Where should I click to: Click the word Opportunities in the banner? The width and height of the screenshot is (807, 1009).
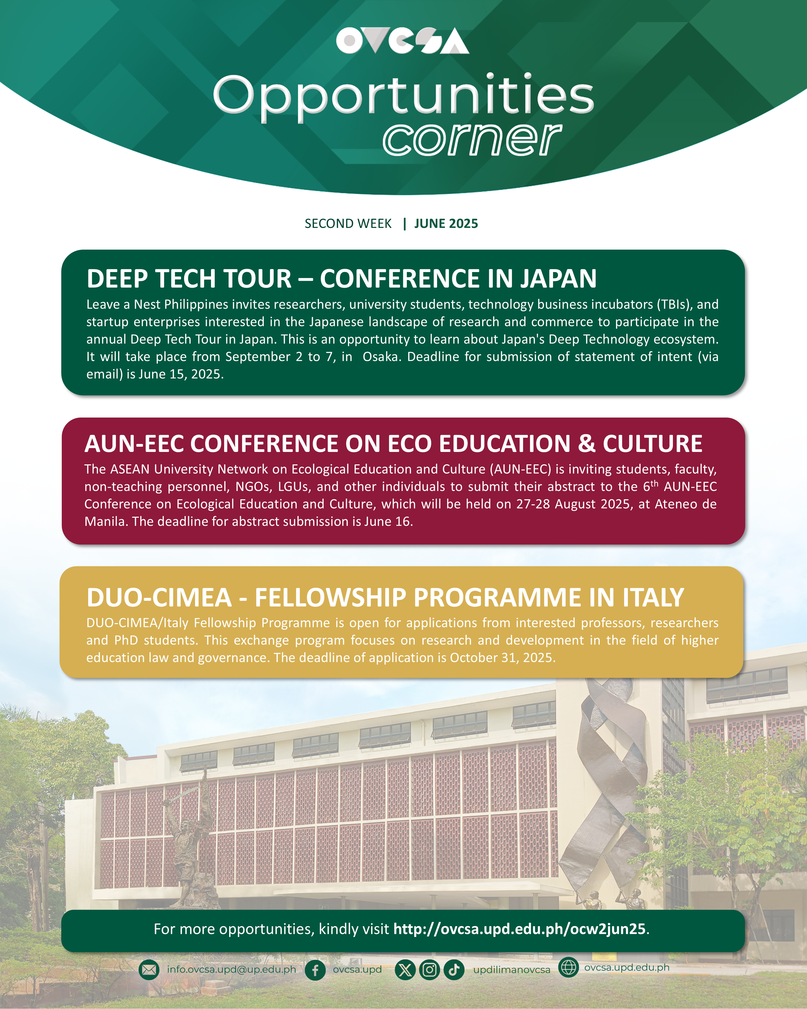point(403,97)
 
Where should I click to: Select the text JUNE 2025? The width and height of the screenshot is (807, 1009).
point(446,224)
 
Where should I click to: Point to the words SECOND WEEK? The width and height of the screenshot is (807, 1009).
point(348,224)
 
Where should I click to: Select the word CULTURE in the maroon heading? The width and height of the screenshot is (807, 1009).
point(653,444)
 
